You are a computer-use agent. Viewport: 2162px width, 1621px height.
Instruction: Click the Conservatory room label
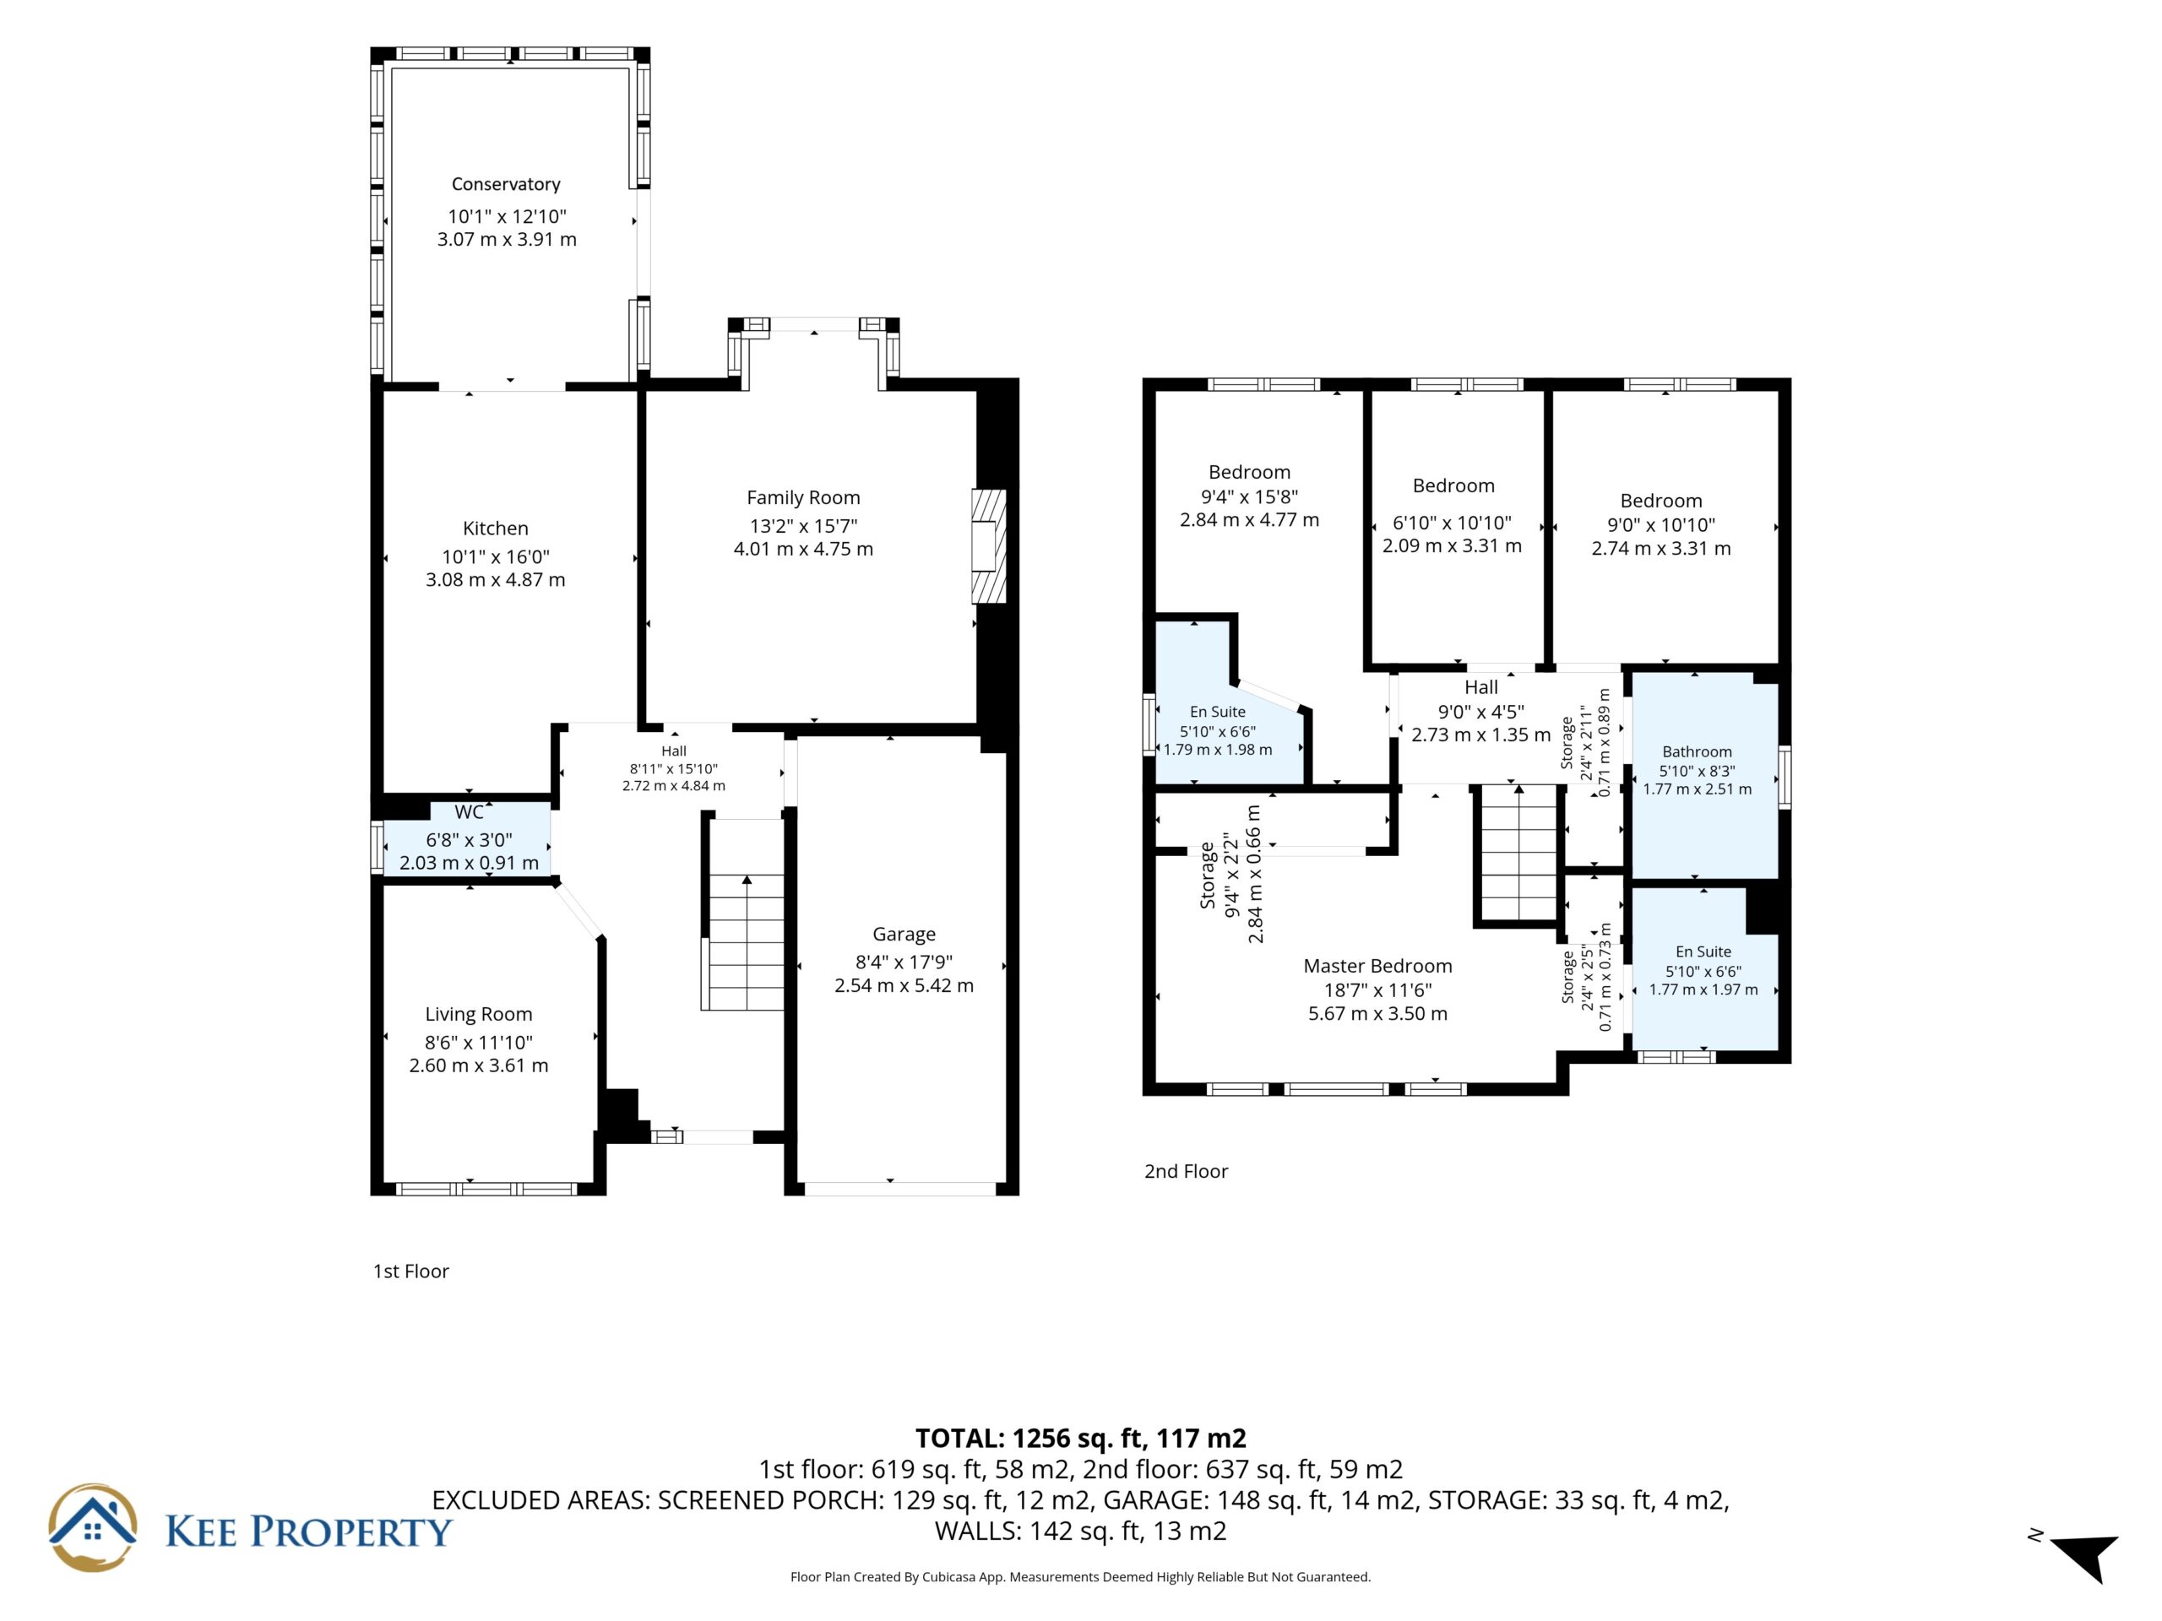505,184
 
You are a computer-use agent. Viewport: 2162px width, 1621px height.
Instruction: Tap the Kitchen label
496,529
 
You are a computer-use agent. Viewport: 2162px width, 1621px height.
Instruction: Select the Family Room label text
803,497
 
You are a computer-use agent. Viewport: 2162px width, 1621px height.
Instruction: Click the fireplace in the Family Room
988,545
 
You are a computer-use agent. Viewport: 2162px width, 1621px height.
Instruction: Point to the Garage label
904,934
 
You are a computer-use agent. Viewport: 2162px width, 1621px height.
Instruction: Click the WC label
470,812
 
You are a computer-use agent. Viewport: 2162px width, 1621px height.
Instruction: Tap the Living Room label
479,1014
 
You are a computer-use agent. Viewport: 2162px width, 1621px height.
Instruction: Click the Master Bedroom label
1378,965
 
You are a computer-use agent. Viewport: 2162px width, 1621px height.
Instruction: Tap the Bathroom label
1697,751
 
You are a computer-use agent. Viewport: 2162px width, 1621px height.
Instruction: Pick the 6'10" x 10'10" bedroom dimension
1453,523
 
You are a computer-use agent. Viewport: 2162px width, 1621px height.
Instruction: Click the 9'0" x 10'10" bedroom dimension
1661,524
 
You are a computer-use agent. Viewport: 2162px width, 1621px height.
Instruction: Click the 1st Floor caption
410,1271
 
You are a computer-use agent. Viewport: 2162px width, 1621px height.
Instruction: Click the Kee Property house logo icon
93,1527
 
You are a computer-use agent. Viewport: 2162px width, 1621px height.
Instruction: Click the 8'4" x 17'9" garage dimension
904,962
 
